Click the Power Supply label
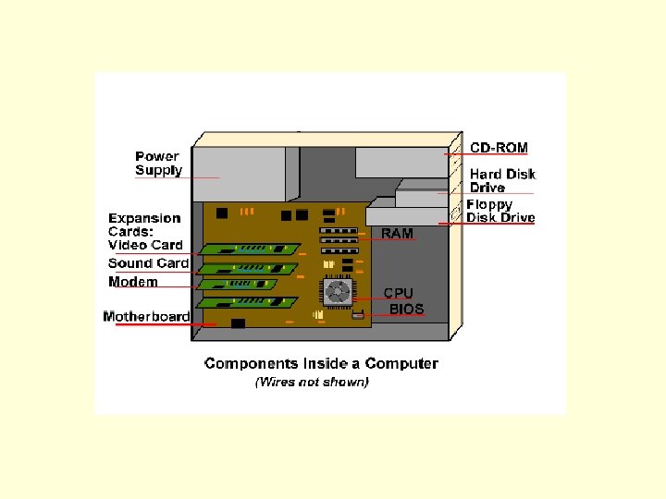[158, 164]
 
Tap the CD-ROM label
[499, 147]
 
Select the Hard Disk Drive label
[502, 180]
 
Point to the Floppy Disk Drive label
[500, 212]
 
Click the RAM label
[398, 234]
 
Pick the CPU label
[400, 293]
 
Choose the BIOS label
[406, 310]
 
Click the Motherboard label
[146, 317]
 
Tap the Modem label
[133, 282]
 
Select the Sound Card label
[148, 263]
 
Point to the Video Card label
[145, 245]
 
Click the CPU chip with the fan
[338, 293]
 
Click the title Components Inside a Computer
[321, 363]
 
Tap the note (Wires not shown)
[312, 382]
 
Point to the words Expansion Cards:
[144, 225]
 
